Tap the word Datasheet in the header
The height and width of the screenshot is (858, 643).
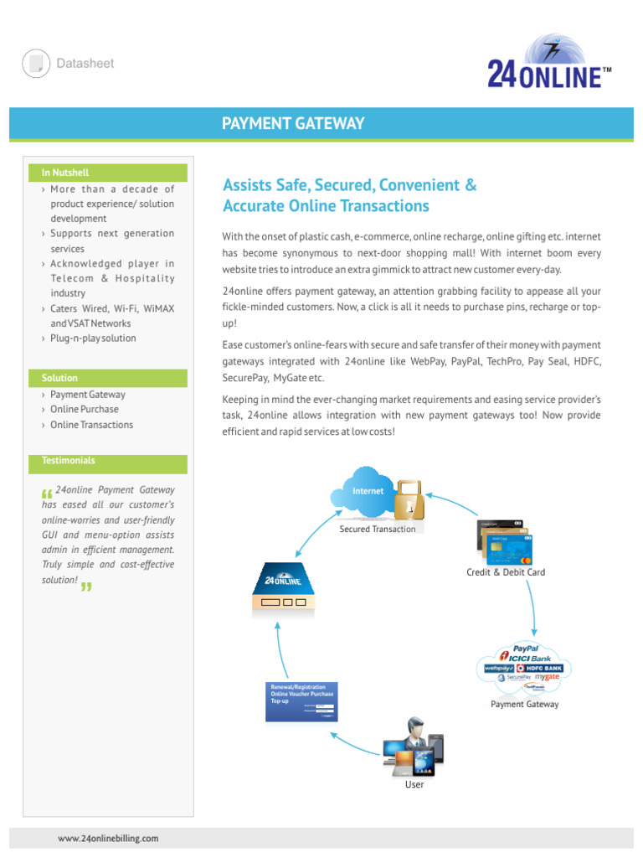(x=85, y=64)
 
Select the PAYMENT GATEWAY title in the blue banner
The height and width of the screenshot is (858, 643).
(x=293, y=124)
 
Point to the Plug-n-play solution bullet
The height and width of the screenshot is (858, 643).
(x=92, y=339)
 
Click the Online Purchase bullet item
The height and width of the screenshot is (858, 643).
(x=84, y=410)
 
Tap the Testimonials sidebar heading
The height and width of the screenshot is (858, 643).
(x=68, y=461)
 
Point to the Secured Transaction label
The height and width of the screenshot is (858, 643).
(x=377, y=530)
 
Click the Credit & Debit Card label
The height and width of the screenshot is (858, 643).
(x=506, y=572)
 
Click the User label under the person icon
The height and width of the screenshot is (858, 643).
(x=414, y=784)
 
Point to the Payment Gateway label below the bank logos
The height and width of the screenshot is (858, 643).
(x=524, y=705)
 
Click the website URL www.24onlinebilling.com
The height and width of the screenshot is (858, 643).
(x=108, y=838)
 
